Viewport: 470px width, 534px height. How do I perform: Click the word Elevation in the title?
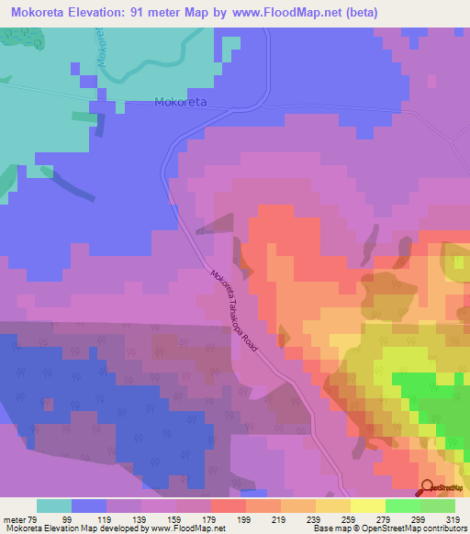[x=100, y=13]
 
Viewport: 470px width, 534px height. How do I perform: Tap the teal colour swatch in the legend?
[x=54, y=506]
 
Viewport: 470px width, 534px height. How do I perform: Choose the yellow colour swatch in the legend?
[x=368, y=506]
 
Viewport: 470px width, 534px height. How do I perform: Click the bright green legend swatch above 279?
[x=403, y=506]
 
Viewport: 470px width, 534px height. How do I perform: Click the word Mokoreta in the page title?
[x=35, y=13]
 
